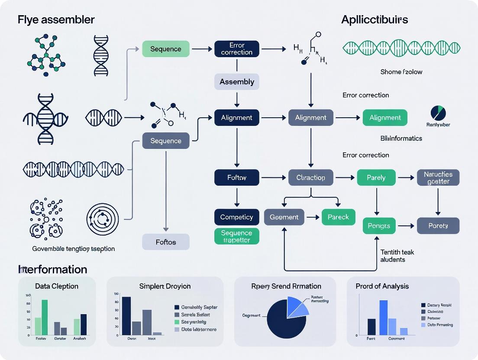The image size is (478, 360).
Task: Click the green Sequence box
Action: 166,49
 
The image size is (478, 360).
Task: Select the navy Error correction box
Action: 236,48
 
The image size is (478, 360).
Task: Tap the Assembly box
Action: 236,82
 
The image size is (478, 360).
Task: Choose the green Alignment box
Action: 385,118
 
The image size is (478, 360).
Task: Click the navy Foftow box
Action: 236,177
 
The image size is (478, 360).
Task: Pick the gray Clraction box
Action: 310,177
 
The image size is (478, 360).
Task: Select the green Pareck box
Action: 338,217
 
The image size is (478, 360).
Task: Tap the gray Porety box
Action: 438,226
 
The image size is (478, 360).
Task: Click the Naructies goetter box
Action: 438,177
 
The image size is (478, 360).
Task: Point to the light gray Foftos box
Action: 166,242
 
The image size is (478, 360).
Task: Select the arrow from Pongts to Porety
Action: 406,226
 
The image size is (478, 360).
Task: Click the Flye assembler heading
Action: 56,19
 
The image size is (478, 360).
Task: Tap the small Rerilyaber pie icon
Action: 438,113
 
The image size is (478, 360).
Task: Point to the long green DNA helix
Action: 401,48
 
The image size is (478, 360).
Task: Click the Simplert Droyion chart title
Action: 165,286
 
